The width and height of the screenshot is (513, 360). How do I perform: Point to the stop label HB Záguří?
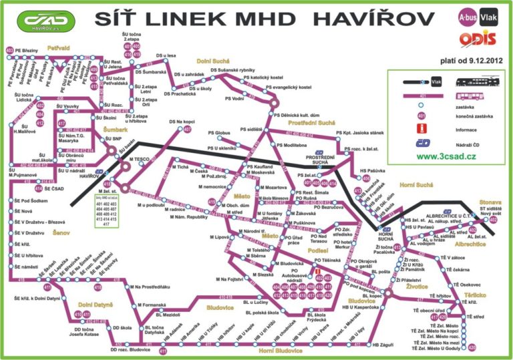click(x=385, y=345)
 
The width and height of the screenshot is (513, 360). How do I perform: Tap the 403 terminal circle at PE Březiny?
click(x=10, y=51)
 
